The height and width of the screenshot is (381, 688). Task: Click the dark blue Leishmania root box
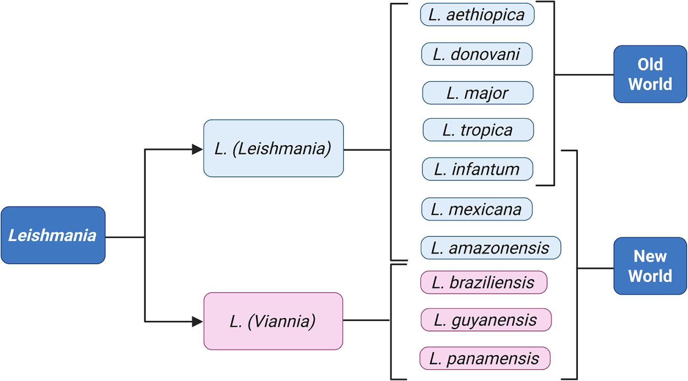53,235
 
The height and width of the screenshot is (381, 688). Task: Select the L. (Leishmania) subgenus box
273,148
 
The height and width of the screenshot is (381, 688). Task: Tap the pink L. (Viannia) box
273,321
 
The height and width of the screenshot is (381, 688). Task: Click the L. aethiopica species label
477,15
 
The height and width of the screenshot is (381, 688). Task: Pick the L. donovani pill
477,54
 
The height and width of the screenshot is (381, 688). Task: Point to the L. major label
477,93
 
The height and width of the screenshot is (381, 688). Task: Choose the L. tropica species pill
478,130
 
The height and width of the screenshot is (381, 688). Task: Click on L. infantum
477,169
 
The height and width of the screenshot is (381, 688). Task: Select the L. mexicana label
477,209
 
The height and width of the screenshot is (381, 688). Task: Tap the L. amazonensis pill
490,248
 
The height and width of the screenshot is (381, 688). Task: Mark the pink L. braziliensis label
483,282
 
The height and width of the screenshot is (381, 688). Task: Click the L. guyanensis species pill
486,320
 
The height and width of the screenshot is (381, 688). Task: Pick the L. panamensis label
484,358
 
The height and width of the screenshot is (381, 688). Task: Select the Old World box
650,74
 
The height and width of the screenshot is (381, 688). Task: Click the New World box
650,266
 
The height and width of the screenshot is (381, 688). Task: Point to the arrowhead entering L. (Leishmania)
197,149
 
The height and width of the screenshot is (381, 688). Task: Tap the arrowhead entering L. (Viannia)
197,322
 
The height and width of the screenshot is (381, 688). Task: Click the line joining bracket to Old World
583,75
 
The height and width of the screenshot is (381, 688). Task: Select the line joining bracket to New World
595,268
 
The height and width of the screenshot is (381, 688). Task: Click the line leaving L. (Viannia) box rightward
366,320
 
